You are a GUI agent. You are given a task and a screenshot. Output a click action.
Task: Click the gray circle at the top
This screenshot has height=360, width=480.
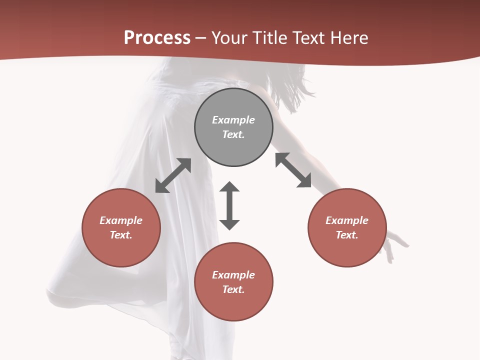pyautogui.click(x=233, y=127)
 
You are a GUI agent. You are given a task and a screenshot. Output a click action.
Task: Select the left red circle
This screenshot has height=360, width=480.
pyautogui.click(x=121, y=227)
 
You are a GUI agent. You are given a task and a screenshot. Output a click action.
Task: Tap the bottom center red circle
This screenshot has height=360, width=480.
pyautogui.click(x=233, y=282)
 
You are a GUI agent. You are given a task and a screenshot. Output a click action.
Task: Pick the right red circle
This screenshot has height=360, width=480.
pyautogui.click(x=347, y=227)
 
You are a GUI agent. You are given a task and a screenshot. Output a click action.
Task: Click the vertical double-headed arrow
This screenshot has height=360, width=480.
pyautogui.click(x=229, y=205)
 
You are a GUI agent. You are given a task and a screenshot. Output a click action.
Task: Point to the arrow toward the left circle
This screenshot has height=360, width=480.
pyautogui.click(x=173, y=175)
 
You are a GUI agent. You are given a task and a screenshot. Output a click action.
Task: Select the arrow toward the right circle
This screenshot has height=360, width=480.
pyautogui.click(x=293, y=170)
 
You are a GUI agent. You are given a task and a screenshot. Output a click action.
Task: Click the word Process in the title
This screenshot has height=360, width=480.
pyautogui.click(x=157, y=38)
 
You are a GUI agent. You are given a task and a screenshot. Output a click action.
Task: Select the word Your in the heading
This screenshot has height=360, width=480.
pyautogui.click(x=229, y=38)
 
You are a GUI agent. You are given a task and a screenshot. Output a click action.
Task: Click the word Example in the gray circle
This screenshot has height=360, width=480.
pyautogui.click(x=233, y=120)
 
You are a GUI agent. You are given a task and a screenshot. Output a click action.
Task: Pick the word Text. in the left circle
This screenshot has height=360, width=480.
pyautogui.click(x=121, y=235)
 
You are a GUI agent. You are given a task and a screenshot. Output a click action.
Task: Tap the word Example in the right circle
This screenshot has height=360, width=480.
pyautogui.click(x=347, y=220)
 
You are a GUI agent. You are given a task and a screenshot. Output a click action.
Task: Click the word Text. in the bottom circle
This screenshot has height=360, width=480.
pyautogui.click(x=233, y=289)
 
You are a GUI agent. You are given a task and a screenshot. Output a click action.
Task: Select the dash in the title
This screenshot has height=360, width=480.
pyautogui.click(x=201, y=38)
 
